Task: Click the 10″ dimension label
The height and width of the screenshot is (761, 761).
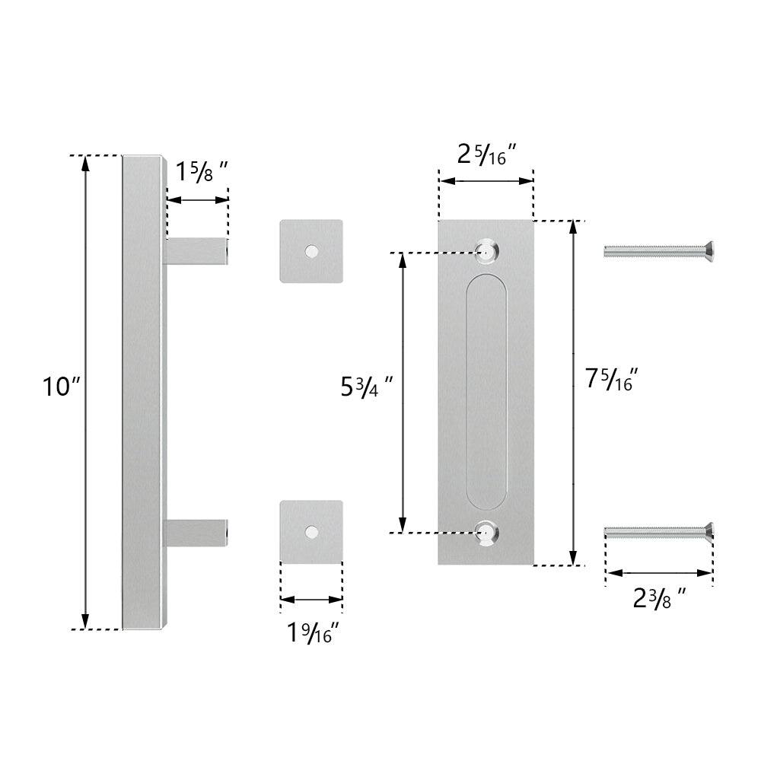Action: pyautogui.click(x=61, y=387)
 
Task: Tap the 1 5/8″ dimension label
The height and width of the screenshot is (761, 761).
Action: pyautogui.click(x=202, y=171)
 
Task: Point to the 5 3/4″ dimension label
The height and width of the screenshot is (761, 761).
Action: pyautogui.click(x=367, y=387)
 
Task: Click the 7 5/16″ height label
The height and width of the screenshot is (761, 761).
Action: pyautogui.click(x=611, y=379)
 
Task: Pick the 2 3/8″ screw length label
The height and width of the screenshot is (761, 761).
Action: pyautogui.click(x=660, y=598)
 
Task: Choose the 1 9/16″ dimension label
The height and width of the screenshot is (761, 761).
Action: pyautogui.click(x=313, y=633)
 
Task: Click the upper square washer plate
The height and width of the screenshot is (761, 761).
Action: pyautogui.click(x=311, y=251)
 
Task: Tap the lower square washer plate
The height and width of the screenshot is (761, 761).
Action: pyautogui.click(x=311, y=532)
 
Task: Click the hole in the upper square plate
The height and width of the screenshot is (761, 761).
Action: pyautogui.click(x=311, y=251)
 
